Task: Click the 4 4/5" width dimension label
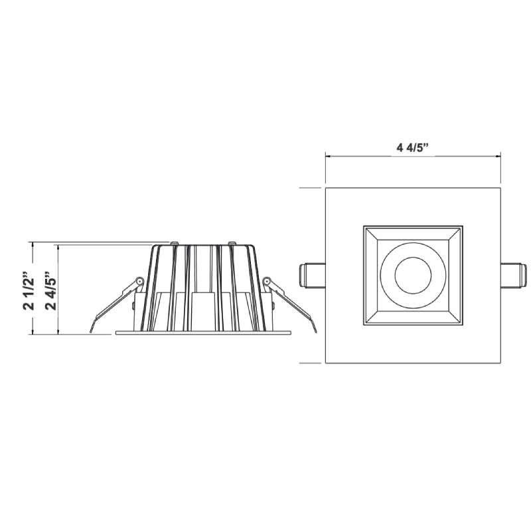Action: (412, 148)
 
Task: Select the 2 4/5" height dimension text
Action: (51, 290)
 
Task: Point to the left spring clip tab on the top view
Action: (312, 275)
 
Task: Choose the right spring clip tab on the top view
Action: (514, 275)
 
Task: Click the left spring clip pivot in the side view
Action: (139, 281)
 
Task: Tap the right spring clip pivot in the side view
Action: (267, 281)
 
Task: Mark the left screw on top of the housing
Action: (175, 243)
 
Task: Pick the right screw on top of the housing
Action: (232, 243)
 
